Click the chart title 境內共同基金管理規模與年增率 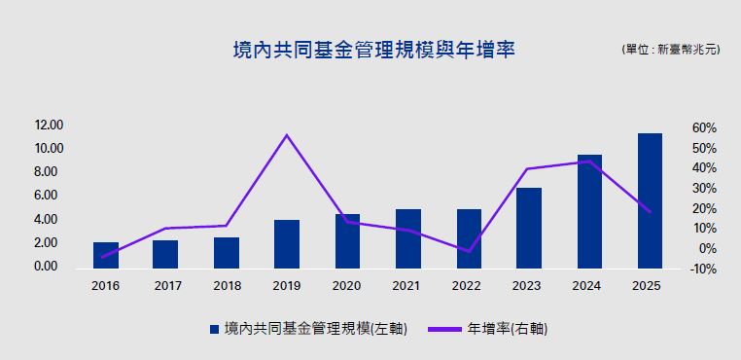373,51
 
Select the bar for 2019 287,244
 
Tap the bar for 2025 650,201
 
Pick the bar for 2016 106,256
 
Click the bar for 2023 529,228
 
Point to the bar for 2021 408,239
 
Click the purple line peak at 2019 286,135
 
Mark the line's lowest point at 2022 469,251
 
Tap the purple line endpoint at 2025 650,211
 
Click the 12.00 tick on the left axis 50,126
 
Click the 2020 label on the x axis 347,286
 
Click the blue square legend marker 215,329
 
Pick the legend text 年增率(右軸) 508,329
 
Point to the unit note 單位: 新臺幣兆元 671,50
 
